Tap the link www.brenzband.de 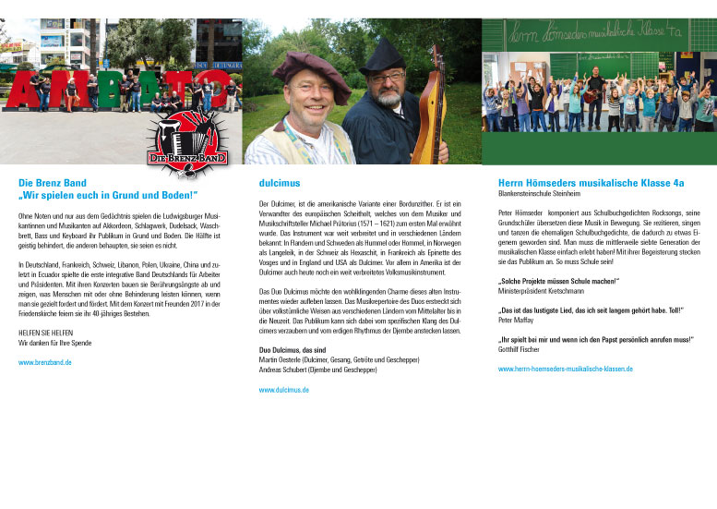[x=44, y=363]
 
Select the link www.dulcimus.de [x=284, y=390]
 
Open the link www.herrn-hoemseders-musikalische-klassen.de [x=565, y=369]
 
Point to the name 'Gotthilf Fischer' [x=519, y=348]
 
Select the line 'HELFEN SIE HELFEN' [x=45, y=333]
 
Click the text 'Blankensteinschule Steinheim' [x=539, y=194]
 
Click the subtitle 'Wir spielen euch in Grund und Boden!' [x=108, y=195]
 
